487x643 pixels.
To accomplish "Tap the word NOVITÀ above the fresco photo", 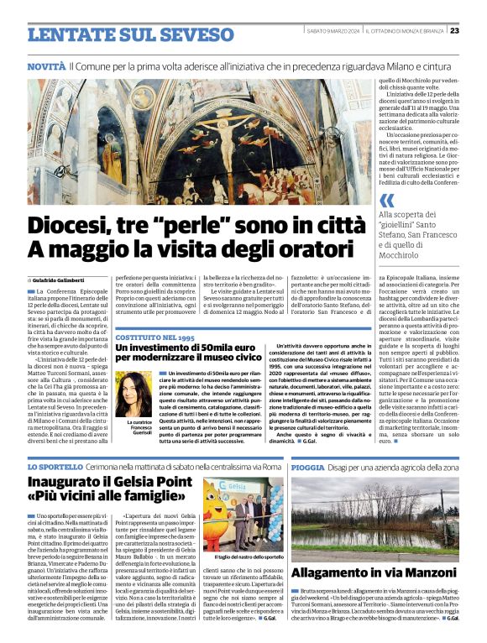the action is point(46,65).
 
